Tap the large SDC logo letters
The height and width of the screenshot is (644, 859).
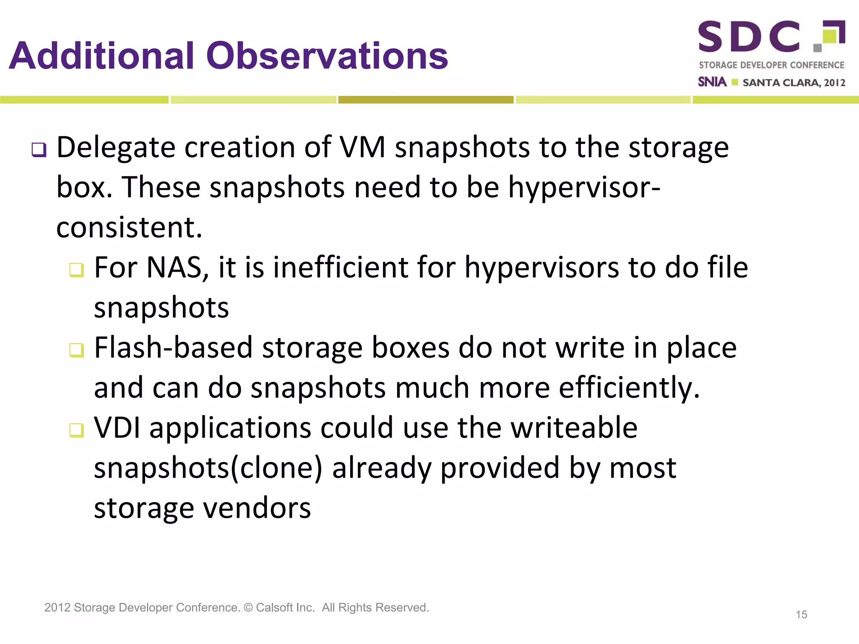(749, 37)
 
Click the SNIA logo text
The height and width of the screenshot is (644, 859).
(712, 82)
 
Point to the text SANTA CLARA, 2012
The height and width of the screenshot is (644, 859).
(794, 83)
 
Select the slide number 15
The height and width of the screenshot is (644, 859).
(801, 615)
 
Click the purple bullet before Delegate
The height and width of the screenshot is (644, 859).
(39, 150)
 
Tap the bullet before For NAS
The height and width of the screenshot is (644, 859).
(76, 270)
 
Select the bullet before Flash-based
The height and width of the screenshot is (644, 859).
(76, 350)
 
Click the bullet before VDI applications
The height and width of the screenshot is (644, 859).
(76, 430)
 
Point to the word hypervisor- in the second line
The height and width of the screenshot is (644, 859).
(584, 187)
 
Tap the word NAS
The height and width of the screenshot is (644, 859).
(175, 267)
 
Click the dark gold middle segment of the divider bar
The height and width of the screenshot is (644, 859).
(426, 100)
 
